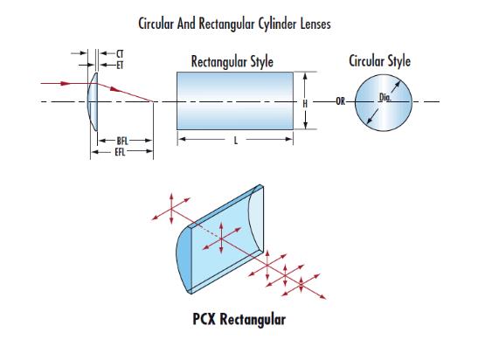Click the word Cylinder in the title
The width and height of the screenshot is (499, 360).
pyautogui.click(x=277, y=24)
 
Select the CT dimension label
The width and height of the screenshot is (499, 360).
pyautogui.click(x=120, y=53)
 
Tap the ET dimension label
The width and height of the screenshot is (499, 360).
pyautogui.click(x=120, y=66)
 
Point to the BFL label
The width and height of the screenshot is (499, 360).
pyautogui.click(x=122, y=141)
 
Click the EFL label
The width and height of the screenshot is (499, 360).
pyautogui.click(x=120, y=152)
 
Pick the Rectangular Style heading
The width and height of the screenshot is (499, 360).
pyautogui.click(x=232, y=62)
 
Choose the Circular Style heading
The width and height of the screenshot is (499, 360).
pyautogui.click(x=379, y=61)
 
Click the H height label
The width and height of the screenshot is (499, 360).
pyautogui.click(x=305, y=104)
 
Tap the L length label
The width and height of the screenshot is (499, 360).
pyautogui.click(x=235, y=141)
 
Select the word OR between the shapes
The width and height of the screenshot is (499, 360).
pyautogui.click(x=340, y=101)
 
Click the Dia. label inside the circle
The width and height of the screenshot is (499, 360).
pyautogui.click(x=385, y=97)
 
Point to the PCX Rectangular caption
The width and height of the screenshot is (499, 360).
pyautogui.click(x=239, y=319)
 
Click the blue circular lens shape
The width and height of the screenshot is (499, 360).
pyautogui.click(x=384, y=102)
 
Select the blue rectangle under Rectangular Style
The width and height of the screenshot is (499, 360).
pyautogui.click(x=235, y=100)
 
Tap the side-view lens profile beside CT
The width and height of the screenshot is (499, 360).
pyautogui.click(x=93, y=101)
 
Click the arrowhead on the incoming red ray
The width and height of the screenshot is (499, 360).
pyautogui.click(x=66, y=83)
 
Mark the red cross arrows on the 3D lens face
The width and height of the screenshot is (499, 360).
pyautogui.click(x=221, y=238)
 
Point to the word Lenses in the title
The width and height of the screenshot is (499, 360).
pyautogui.click(x=315, y=24)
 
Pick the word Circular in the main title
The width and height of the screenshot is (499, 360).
pyautogui.click(x=156, y=24)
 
